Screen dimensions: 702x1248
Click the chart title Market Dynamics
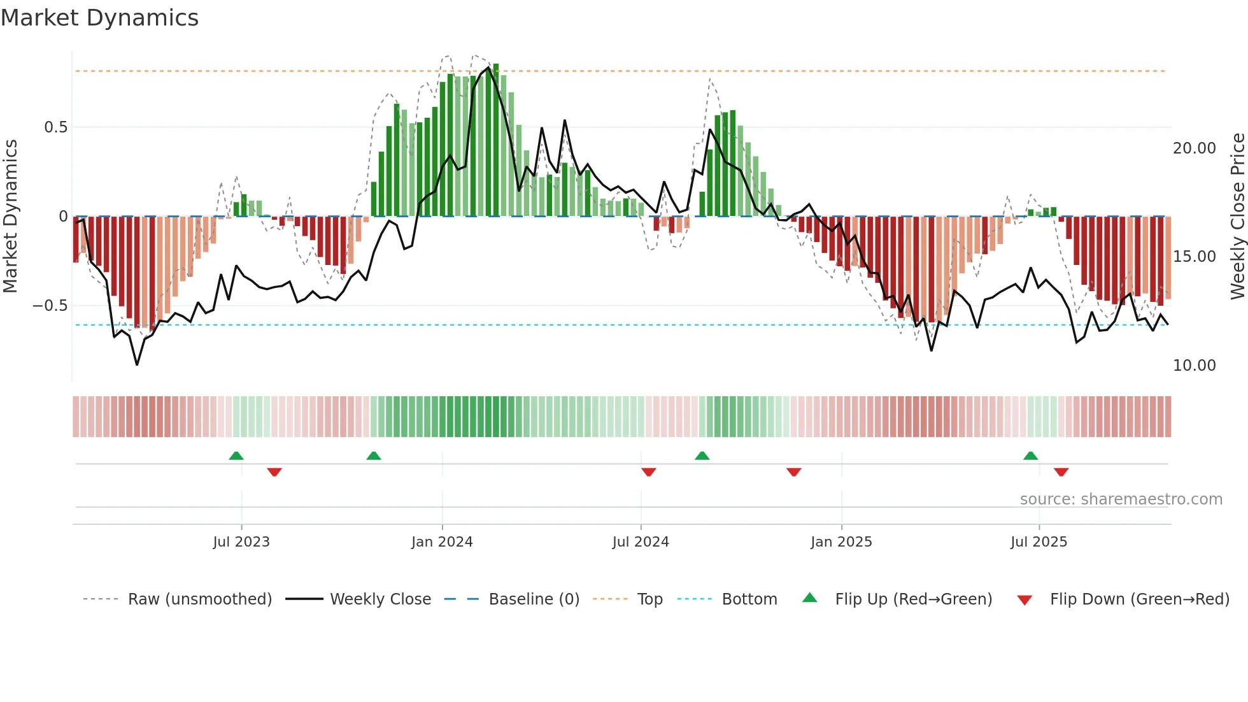(x=99, y=18)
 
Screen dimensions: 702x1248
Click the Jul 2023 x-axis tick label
(x=241, y=542)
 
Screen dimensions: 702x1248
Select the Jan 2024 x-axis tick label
(x=442, y=542)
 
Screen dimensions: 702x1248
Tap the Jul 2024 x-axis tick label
(x=641, y=542)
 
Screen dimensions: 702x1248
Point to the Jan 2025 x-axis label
(x=841, y=542)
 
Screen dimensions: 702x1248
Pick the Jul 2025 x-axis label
(x=1039, y=542)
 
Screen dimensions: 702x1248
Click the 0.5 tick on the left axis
(x=56, y=127)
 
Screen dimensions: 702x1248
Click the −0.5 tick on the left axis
(x=50, y=306)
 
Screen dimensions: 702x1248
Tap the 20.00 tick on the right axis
(x=1194, y=148)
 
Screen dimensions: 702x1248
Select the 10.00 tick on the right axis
(x=1194, y=366)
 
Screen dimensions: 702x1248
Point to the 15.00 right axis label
(x=1194, y=257)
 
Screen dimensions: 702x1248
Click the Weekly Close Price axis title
(x=1237, y=217)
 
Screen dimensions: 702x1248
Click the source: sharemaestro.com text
(x=1121, y=499)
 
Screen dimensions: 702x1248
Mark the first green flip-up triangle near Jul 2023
(x=236, y=455)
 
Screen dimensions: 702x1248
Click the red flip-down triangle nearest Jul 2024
(x=649, y=471)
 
